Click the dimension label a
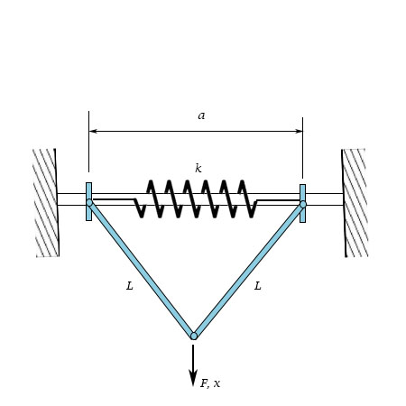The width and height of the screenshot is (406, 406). point(201,115)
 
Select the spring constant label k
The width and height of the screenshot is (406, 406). point(198,168)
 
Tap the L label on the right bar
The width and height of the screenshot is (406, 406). point(258,286)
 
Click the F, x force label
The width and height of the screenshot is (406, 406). point(210,383)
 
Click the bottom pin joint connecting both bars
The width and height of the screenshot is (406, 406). point(193,336)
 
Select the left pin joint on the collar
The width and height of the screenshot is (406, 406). point(89,204)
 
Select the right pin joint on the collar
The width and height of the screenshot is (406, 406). point(302,204)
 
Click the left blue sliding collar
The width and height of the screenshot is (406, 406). point(88,191)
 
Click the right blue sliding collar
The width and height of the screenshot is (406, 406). point(302,191)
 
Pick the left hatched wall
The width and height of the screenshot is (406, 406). point(46,203)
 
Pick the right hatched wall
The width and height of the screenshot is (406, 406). point(355,203)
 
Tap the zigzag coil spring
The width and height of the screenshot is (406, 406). point(196,198)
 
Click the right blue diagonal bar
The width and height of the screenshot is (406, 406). point(248,269)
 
